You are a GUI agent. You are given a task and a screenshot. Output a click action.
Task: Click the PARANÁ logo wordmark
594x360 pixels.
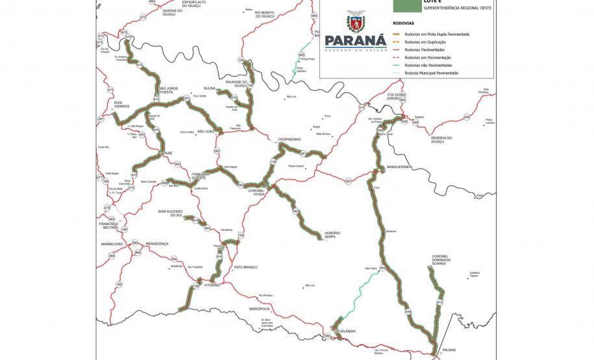[351, 41]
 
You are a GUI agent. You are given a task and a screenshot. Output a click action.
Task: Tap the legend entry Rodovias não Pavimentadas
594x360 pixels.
[427, 66]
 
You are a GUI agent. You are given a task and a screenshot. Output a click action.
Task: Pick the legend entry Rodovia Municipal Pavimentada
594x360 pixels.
[431, 73]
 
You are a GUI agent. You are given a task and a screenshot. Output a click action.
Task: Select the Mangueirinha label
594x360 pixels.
[399, 167]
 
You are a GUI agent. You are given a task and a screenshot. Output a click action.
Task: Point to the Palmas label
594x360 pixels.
[449, 350]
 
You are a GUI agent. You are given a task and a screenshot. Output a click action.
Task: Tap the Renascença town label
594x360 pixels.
[156, 243]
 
